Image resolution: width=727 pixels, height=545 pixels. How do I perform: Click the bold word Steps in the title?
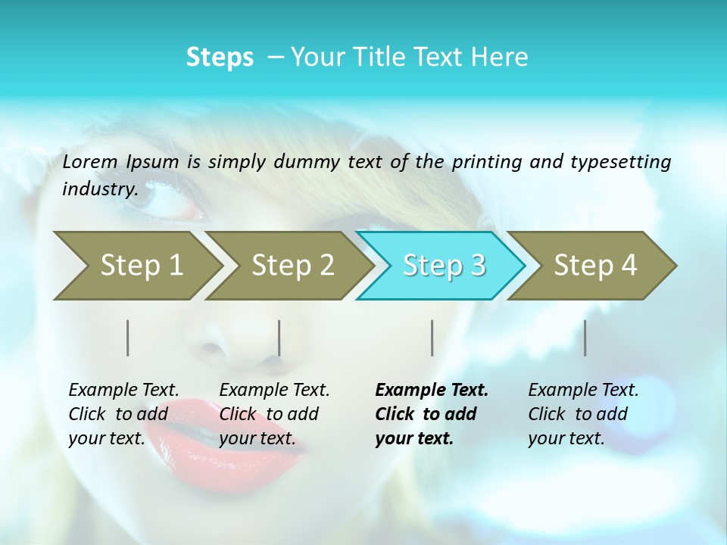[x=220, y=58]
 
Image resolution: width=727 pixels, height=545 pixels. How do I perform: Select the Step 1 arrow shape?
[x=136, y=265]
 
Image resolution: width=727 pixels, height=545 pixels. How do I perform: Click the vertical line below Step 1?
[x=128, y=338]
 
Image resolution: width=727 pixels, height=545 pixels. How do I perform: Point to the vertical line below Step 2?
[x=279, y=338]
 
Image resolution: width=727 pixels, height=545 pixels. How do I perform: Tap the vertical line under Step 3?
[x=432, y=338]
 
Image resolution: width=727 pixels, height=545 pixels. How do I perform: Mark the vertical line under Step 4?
[x=585, y=338]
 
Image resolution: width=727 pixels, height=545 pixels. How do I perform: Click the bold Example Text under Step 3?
[x=432, y=391]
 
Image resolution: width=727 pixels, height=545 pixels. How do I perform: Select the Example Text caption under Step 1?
[x=123, y=391]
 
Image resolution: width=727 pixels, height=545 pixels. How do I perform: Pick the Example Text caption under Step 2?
[x=274, y=391]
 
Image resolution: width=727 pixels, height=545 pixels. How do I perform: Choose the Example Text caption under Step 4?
[x=583, y=391]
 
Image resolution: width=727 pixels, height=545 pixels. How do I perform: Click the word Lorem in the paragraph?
[x=90, y=162]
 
